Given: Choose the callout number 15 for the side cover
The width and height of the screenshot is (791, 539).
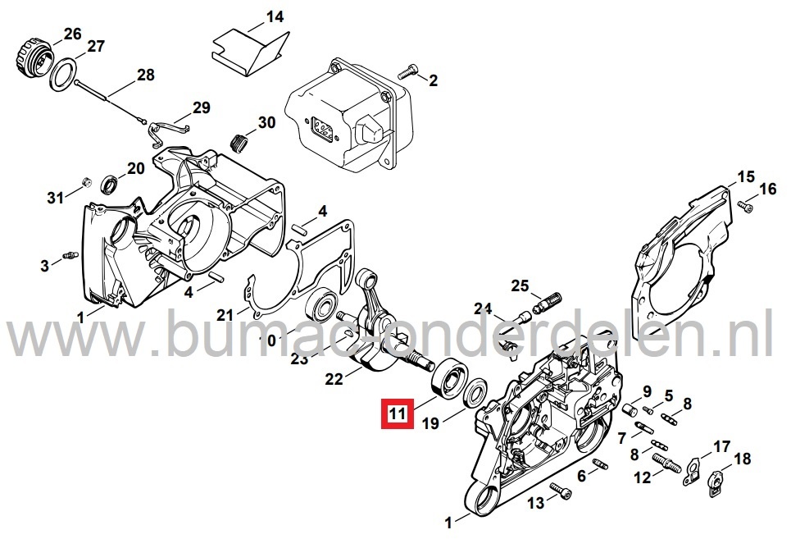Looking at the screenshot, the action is pyautogui.click(x=745, y=177).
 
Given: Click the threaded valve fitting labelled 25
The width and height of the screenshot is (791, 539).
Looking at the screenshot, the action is pyautogui.click(x=544, y=301).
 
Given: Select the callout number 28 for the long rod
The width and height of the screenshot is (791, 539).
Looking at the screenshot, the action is pyautogui.click(x=146, y=75).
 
